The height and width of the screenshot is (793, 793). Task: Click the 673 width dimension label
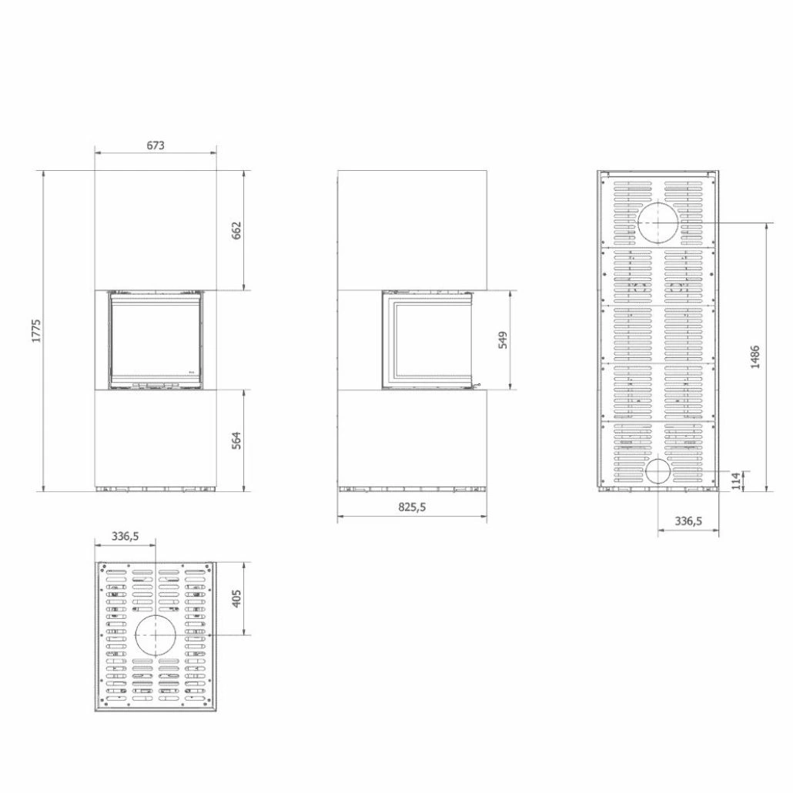[x=156, y=145]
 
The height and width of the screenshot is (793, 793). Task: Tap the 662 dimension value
[x=236, y=230]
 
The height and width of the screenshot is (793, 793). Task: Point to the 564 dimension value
[x=236, y=440]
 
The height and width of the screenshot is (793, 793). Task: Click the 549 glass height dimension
[x=503, y=340]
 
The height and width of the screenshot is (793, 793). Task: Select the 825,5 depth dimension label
[x=412, y=507]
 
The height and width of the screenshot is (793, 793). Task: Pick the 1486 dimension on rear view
[x=755, y=356]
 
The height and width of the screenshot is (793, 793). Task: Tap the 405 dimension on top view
[x=236, y=597]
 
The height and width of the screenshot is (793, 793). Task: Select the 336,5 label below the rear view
[x=688, y=521]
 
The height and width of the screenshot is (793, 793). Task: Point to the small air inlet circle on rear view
[x=658, y=472]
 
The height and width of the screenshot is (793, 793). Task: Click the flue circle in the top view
[x=156, y=634]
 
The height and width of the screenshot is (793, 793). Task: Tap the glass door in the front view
[x=156, y=339]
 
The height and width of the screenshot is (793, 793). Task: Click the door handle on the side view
[x=479, y=383]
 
